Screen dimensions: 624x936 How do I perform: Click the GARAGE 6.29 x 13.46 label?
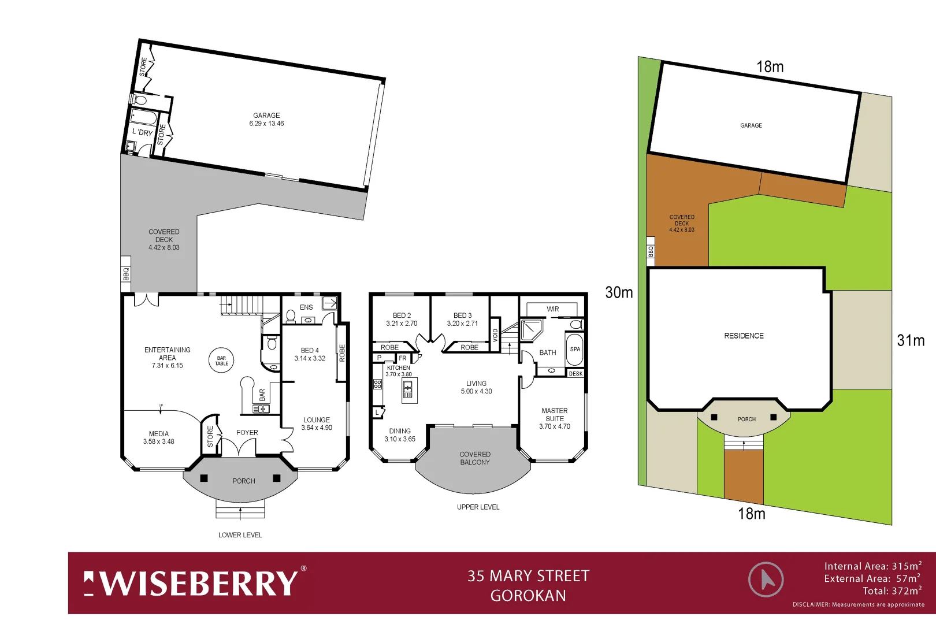coord(266,120)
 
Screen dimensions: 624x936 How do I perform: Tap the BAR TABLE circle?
coord(222,361)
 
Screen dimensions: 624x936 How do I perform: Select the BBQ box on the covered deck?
coord(126,274)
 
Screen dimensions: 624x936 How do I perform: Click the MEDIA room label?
coord(159,437)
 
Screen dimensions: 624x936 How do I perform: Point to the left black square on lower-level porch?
coord(204,478)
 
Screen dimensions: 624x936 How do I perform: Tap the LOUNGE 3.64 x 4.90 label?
coord(317,424)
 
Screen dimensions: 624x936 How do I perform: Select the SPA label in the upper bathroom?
coord(575,349)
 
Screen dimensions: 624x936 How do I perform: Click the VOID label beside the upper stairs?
coord(495,335)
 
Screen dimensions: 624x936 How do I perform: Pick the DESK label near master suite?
coord(575,374)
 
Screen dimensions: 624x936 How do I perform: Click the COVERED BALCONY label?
coord(475,458)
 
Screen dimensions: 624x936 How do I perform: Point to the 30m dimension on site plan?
coord(619,292)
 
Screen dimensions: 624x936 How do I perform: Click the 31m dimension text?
coord(911,340)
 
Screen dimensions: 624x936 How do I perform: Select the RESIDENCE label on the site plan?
coord(744,336)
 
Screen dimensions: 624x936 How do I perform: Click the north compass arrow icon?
coord(766,579)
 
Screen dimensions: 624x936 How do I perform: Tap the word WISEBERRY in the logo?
coord(199,583)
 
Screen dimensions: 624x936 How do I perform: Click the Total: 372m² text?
coord(892,591)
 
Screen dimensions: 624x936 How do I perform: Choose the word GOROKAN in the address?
coord(528,596)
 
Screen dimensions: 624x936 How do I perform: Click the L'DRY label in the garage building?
coord(142,132)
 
